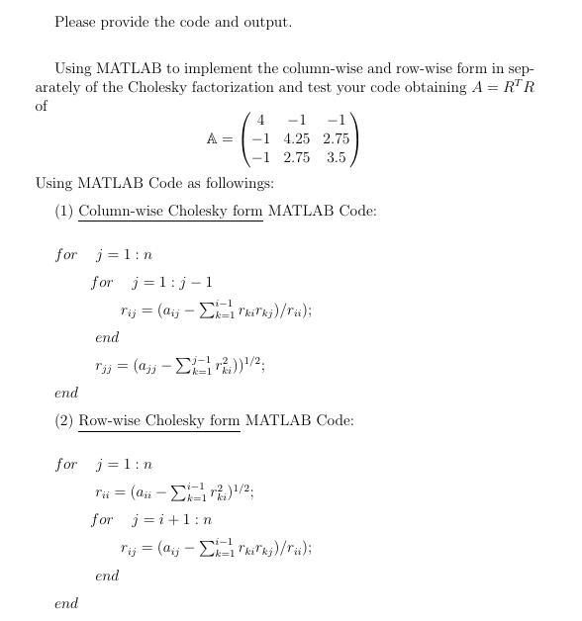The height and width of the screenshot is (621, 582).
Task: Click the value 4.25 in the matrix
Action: [x=296, y=139]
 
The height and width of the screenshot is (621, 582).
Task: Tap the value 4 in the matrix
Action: [x=260, y=121]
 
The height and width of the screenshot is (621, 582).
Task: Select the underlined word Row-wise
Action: [x=111, y=420]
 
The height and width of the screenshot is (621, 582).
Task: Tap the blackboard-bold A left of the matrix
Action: [x=212, y=139]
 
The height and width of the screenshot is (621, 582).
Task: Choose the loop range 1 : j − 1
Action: [x=179, y=282]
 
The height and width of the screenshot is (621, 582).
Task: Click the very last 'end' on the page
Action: [x=66, y=603]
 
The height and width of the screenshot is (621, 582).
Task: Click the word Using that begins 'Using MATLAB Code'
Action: [x=53, y=183]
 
